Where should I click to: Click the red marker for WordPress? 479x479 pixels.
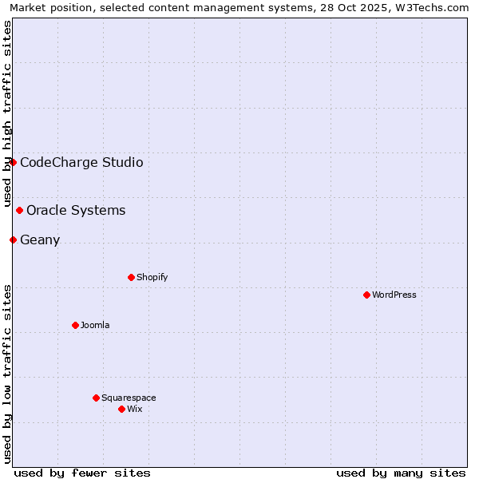(x=366, y=295)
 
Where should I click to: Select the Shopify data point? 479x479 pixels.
(x=131, y=277)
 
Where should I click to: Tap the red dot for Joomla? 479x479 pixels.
(x=75, y=325)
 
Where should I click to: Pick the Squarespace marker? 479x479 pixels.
(x=96, y=398)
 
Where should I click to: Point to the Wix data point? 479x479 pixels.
(x=121, y=409)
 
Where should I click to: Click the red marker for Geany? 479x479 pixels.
(x=13, y=239)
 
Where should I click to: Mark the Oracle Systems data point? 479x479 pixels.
(x=19, y=210)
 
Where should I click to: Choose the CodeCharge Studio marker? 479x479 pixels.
(x=13, y=162)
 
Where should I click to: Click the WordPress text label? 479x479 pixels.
(x=394, y=295)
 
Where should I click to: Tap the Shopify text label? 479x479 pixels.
(x=152, y=277)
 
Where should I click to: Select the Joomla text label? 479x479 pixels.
(x=95, y=325)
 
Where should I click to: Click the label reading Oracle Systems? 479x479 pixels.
(x=76, y=211)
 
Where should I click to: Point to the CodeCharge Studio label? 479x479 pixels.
(x=81, y=163)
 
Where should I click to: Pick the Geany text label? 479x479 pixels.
(x=40, y=240)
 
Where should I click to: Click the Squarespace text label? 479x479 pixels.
(x=129, y=398)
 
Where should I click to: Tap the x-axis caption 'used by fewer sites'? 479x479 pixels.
(x=82, y=473)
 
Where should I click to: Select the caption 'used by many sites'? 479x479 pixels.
(x=401, y=473)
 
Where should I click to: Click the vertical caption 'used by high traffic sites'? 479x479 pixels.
(x=7, y=113)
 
